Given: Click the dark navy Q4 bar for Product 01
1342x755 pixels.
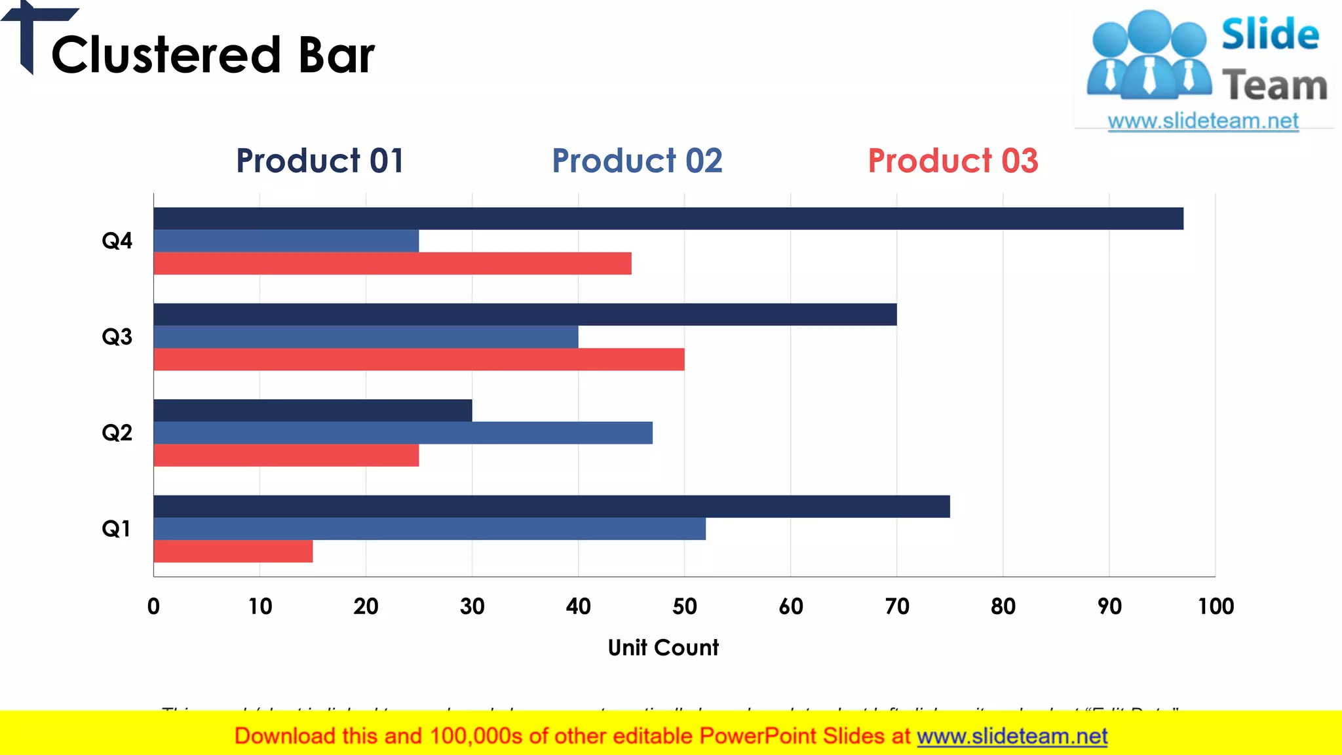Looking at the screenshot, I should (668, 218).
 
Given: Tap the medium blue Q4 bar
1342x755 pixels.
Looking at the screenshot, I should (286, 241).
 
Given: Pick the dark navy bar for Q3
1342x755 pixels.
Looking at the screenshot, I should (524, 315).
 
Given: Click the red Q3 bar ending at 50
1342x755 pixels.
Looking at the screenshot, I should (419, 359).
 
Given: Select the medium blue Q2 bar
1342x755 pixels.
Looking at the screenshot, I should (402, 433).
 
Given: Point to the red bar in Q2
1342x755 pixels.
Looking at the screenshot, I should (286, 455).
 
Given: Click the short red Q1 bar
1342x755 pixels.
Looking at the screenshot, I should (233, 551).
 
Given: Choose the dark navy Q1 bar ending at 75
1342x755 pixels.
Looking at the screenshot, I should (551, 507).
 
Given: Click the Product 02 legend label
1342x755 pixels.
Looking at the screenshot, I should (637, 161).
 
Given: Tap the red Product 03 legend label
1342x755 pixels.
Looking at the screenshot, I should (953, 161).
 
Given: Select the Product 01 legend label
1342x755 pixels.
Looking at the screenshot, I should (320, 161).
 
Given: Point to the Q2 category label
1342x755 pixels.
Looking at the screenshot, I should (117, 433).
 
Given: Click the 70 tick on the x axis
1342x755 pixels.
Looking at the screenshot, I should (897, 606).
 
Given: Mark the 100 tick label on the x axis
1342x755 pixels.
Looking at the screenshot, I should (1216, 606).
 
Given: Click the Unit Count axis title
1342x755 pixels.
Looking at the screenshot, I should (663, 648).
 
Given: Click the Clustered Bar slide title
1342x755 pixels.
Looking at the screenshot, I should (213, 55).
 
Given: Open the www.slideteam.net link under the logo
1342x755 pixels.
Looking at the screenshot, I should (1203, 121).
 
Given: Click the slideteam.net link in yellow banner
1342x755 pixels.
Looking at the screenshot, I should (1012, 736).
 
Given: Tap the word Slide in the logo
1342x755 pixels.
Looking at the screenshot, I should (1270, 34).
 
